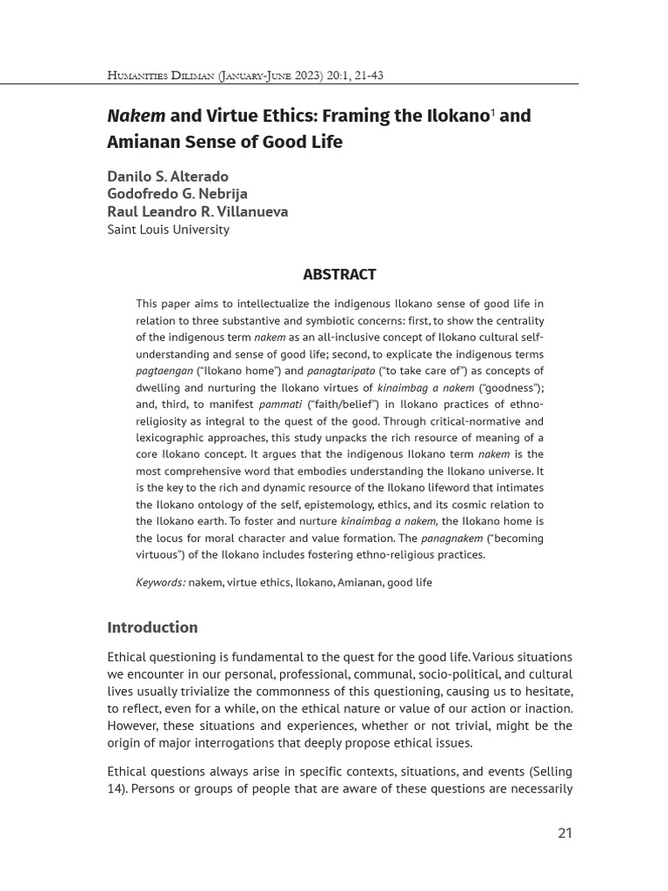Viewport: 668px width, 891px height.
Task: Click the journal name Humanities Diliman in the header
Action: pos(160,76)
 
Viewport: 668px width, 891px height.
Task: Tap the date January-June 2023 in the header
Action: pos(272,76)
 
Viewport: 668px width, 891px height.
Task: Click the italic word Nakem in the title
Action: pos(136,117)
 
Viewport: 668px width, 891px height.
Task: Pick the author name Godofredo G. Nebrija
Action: pos(177,194)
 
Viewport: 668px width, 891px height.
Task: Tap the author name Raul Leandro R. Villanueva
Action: pos(197,211)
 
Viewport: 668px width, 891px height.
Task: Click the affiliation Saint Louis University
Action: pos(168,230)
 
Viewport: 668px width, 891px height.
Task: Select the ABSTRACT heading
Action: pos(339,275)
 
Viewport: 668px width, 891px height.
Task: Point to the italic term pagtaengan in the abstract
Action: pos(165,371)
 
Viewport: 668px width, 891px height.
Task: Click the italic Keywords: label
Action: pos(161,582)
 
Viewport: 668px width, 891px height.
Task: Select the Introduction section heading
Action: pos(152,627)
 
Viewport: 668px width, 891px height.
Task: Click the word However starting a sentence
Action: pos(135,725)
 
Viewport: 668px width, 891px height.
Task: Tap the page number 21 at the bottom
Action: pos(564,833)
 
